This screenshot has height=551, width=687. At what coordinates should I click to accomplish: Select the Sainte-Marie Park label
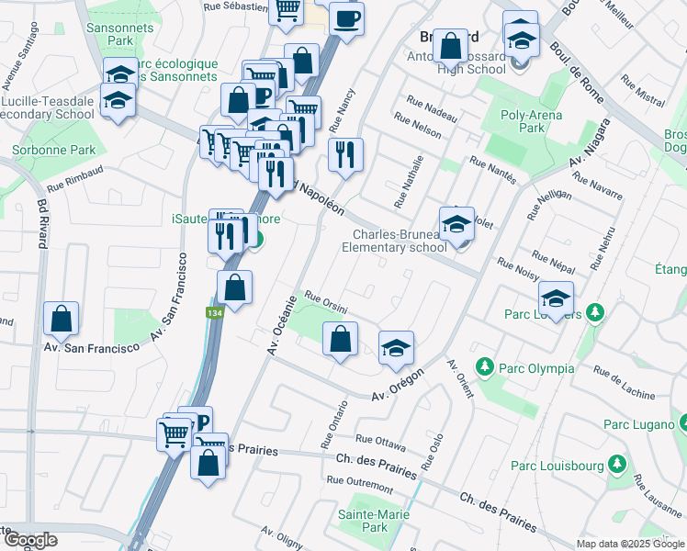tap(362, 521)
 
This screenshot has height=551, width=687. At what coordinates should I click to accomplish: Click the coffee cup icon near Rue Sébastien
tap(346, 18)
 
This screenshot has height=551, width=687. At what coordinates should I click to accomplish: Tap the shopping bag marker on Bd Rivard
tap(61, 319)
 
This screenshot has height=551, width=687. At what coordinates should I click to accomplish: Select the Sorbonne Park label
tap(41, 150)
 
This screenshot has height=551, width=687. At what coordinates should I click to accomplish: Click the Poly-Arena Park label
tap(532, 122)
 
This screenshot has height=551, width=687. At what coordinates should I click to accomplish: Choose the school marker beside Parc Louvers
tap(556, 298)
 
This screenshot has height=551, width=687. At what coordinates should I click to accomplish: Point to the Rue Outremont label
tap(359, 481)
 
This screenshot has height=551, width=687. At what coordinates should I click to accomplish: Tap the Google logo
tap(29, 539)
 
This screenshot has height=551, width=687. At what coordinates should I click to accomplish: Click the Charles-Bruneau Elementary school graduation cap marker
tap(456, 223)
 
